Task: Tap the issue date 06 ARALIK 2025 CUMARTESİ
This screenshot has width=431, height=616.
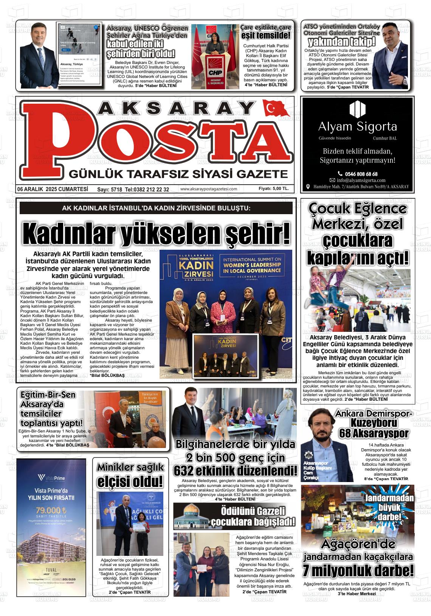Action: pyautogui.click(x=53, y=189)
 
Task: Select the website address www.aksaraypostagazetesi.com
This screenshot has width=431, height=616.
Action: pyautogui.click(x=209, y=189)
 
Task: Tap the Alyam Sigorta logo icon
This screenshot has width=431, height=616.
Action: pyautogui.click(x=357, y=109)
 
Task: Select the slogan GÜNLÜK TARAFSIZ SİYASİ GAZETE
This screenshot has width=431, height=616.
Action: pyautogui.click(x=178, y=174)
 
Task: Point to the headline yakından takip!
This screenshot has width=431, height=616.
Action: pyautogui.click(x=341, y=42)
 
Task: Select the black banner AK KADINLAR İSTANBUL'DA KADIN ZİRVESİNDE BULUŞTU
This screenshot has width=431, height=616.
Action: pyautogui.click(x=156, y=208)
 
